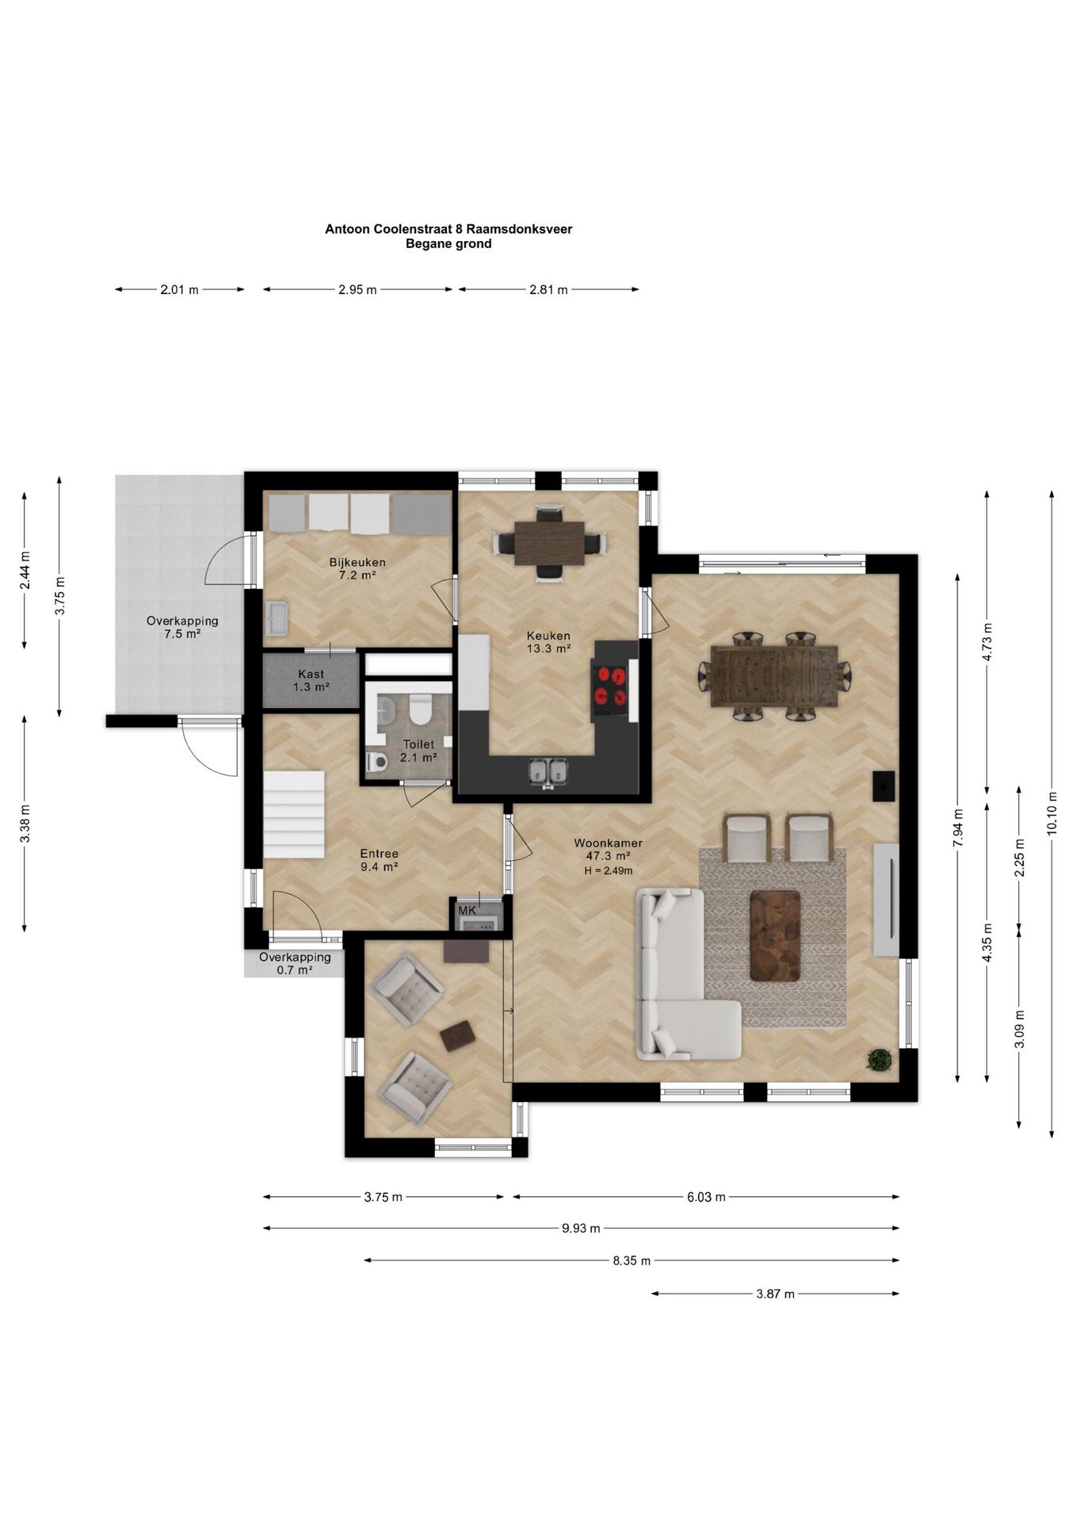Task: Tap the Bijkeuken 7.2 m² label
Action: pyautogui.click(x=357, y=569)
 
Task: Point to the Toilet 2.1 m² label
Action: pyautogui.click(x=418, y=751)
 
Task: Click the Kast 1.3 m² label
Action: pyautogui.click(x=311, y=681)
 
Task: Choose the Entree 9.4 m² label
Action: pyautogui.click(x=379, y=860)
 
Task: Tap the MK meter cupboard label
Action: pyautogui.click(x=467, y=910)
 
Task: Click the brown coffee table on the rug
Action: pyautogui.click(x=775, y=935)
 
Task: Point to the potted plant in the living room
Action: pyautogui.click(x=879, y=1059)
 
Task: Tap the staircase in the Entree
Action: pyautogui.click(x=294, y=815)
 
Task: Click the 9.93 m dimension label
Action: pyautogui.click(x=581, y=1228)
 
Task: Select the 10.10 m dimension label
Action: pyautogui.click(x=1051, y=813)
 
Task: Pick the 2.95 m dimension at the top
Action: pyautogui.click(x=357, y=289)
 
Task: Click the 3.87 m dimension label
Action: pyautogui.click(x=775, y=1294)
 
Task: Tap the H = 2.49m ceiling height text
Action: pyautogui.click(x=609, y=870)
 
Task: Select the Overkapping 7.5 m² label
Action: pyautogui.click(x=182, y=627)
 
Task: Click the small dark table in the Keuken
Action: pyautogui.click(x=549, y=543)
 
